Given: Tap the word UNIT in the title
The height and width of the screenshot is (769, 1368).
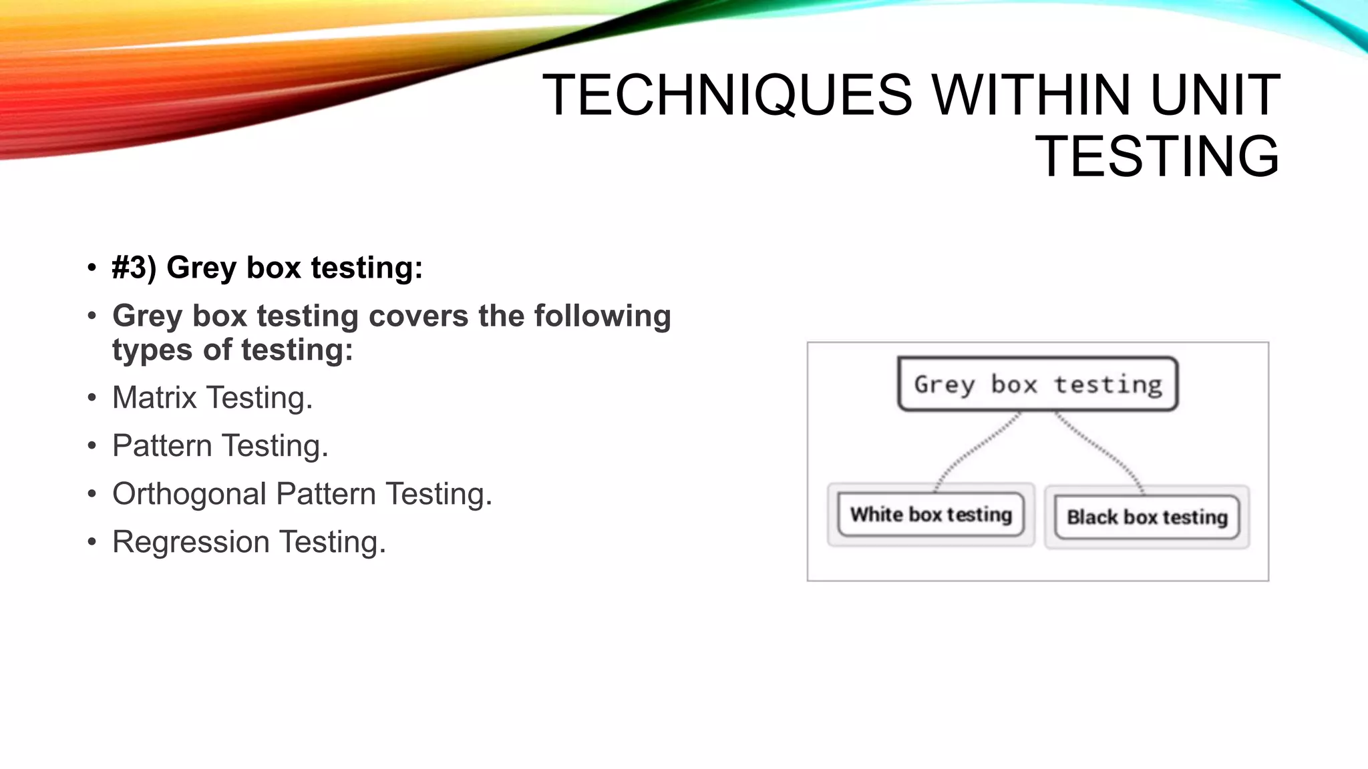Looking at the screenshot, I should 1215,95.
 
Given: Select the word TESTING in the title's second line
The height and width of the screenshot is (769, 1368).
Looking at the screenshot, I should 1157,157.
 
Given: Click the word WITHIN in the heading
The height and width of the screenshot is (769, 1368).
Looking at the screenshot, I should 1031,95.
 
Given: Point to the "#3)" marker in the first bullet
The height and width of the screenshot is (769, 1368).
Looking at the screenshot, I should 134,268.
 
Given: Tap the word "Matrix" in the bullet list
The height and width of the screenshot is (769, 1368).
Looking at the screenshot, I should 154,398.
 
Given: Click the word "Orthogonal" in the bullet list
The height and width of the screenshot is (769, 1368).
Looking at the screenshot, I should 189,495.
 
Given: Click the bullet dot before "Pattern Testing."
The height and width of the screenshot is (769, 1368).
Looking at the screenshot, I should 92,447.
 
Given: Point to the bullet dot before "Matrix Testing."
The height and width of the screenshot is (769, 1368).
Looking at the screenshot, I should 92,399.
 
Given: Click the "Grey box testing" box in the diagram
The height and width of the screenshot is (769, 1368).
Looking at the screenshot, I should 1037,384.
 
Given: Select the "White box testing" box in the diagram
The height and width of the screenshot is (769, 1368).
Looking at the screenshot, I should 930,515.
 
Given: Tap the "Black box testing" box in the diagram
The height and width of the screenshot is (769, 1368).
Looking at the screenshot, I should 1146,517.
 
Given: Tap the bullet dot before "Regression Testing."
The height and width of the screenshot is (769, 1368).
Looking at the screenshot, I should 92,543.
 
